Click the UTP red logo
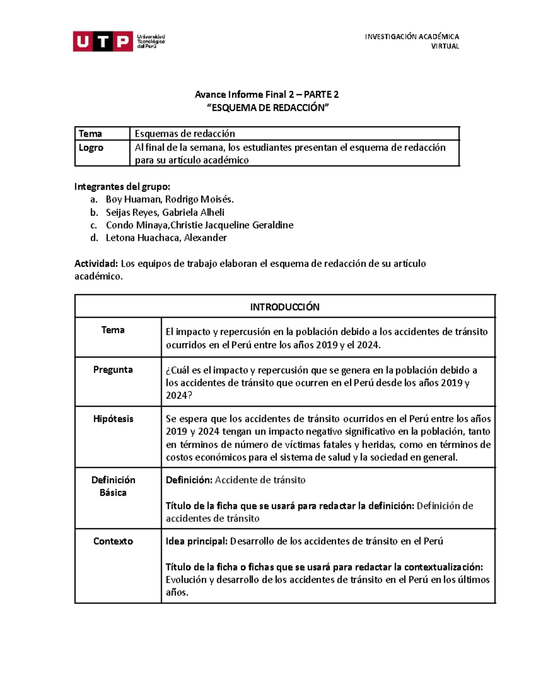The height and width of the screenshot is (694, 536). click(103, 42)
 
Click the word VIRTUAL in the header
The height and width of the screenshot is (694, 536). click(444, 46)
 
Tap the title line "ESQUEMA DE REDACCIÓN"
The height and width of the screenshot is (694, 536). click(267, 108)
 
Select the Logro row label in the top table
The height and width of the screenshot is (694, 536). click(91, 147)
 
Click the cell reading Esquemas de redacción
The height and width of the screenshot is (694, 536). click(185, 134)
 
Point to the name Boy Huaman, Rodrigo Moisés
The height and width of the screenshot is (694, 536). click(170, 199)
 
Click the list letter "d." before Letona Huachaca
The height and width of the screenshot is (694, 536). click(94, 238)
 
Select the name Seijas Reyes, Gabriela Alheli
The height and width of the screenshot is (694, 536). click(165, 212)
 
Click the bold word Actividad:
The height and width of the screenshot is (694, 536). click(96, 264)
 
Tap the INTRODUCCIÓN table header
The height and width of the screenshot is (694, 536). click(285, 307)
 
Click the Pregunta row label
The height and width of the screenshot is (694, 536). click(113, 370)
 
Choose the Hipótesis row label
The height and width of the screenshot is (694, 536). click(113, 419)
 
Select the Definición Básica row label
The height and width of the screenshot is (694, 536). click(113, 486)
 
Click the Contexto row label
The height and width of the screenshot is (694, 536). click(113, 541)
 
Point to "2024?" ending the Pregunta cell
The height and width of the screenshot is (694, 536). click(179, 395)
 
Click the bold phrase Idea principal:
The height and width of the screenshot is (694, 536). click(197, 541)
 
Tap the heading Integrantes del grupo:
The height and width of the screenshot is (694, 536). click(122, 186)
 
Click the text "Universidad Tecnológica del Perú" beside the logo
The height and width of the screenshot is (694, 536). click(151, 42)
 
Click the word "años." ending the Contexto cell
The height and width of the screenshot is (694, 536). click(177, 593)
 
